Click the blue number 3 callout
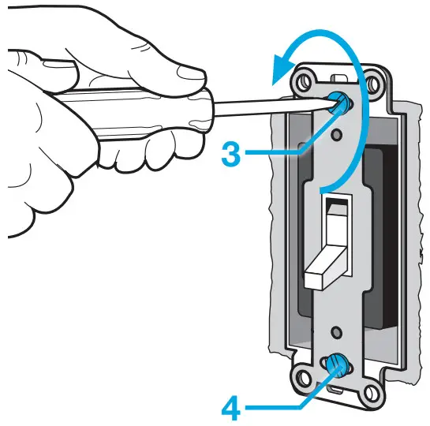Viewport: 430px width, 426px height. tap(231, 154)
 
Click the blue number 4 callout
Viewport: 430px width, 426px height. tap(231, 408)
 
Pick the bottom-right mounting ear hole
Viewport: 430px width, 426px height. tap(370, 394)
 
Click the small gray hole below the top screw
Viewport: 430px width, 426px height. tap(337, 134)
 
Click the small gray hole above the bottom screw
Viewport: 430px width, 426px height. tap(336, 332)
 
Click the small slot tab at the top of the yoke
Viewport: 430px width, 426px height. tap(339, 78)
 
